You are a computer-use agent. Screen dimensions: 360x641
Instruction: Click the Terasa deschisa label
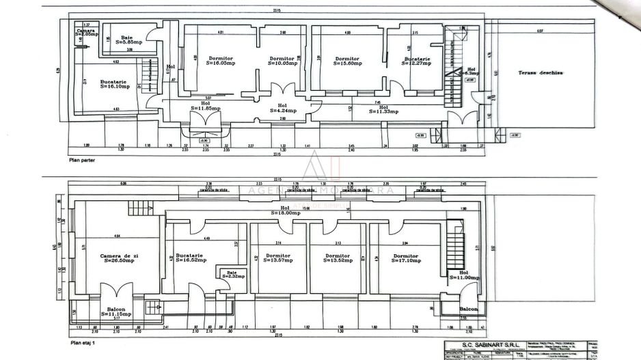539,72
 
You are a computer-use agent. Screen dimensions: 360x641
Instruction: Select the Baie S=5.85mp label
127,40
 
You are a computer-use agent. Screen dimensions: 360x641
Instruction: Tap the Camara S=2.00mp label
85,33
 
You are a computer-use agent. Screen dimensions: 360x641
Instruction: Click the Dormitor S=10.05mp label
282,61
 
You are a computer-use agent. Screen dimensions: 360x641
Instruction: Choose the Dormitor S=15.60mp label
347,61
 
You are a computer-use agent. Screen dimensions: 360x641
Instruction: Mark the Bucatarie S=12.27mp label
418,61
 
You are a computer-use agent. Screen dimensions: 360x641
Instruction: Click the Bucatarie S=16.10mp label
113,84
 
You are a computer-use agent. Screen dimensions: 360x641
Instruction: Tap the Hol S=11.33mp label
383,109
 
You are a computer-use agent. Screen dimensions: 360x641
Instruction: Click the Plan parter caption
82,161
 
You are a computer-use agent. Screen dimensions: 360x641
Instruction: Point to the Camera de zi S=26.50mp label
120,257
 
